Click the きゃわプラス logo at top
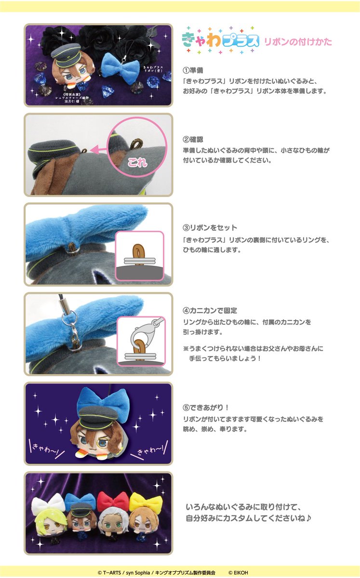coord(220,40)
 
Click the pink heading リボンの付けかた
coord(298,42)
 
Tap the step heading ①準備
coord(193,70)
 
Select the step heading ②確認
coord(193,140)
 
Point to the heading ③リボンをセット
coord(210,227)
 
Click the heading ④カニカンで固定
coord(210,310)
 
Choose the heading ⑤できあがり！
coord(206,407)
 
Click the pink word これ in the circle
coord(138,163)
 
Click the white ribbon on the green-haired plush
coord(49,503)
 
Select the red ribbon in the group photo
coord(113,501)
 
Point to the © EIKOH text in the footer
coord(238,572)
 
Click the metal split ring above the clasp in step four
coord(69,317)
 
